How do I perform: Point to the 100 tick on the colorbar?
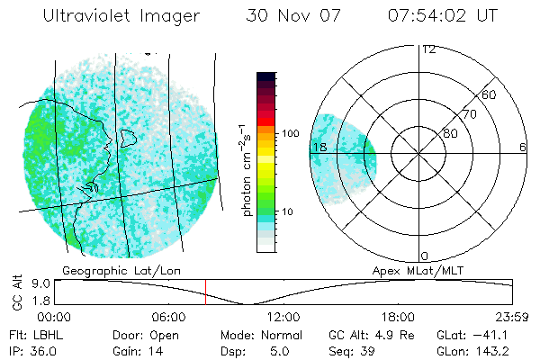[x=291, y=133]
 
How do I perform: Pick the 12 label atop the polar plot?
[x=429, y=49]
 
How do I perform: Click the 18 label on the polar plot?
[x=319, y=147]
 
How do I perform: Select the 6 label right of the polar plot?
[x=523, y=147]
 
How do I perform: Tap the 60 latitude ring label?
[x=490, y=94]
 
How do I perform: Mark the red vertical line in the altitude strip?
[x=205, y=292]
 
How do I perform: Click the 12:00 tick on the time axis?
[x=283, y=317]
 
